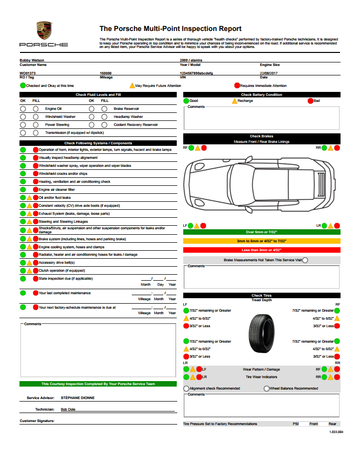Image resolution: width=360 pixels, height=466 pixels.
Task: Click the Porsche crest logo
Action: pos(44,31)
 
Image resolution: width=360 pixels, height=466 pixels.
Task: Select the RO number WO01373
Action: pos(27,73)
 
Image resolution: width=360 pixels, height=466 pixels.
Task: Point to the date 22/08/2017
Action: pos(269,73)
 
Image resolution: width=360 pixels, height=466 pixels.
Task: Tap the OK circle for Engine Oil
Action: pos(23,108)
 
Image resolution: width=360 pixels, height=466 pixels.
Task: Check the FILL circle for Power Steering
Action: pos(35,125)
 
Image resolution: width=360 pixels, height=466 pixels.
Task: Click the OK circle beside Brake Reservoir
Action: pos(92,108)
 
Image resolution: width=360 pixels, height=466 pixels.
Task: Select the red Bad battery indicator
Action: pos(310,101)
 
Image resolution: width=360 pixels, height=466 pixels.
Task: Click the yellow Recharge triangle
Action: pos(234,101)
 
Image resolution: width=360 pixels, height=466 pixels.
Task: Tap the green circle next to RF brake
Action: pos(191,148)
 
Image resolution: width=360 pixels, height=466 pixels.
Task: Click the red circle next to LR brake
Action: pos(337,226)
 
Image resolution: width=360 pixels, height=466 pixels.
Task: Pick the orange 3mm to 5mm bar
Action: pos(262,241)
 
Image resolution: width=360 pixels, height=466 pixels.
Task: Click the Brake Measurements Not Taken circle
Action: pos(305,260)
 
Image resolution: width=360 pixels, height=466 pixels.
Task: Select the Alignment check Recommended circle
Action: pos(186,388)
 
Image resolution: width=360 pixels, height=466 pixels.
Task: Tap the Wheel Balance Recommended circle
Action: pos(266,388)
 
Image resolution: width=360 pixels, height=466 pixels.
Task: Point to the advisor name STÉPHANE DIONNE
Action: pos(77,398)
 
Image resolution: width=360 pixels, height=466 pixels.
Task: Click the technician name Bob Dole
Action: pos(69,409)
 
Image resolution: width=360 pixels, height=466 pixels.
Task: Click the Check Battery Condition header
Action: pos(262,94)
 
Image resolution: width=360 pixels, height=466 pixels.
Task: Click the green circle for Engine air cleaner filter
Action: pos(23,190)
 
